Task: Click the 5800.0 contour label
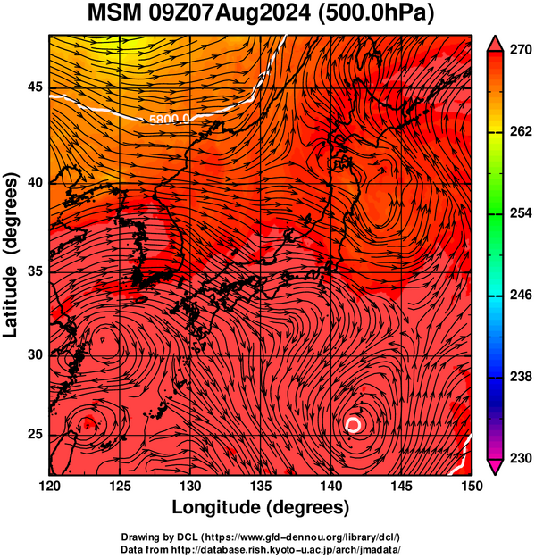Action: point(169,119)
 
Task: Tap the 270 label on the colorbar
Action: point(521,50)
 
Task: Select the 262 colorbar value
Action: point(521,131)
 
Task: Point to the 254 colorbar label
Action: point(521,213)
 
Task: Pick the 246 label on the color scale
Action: point(521,295)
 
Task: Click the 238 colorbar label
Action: point(521,377)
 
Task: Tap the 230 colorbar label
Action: point(521,458)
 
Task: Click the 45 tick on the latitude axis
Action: point(35,87)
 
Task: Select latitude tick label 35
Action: point(35,272)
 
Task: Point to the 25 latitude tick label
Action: point(35,435)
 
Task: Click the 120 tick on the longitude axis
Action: point(49,486)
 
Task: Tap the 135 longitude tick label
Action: point(261,486)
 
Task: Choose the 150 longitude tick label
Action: point(472,486)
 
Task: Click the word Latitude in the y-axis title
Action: point(10,302)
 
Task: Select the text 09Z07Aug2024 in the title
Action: point(230,13)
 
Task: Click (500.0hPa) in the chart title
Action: point(375,14)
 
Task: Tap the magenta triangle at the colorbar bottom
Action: point(495,467)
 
